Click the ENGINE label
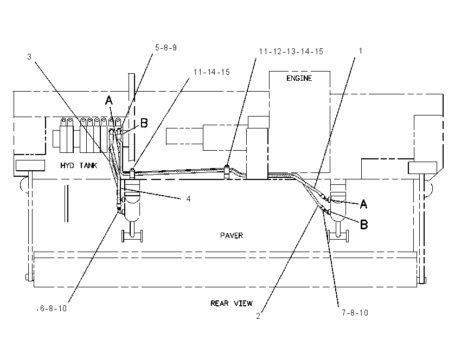tap(299, 78)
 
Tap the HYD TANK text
tap(79, 165)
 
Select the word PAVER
tap(232, 235)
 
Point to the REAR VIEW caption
tap(232, 303)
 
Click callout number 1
tap(361, 51)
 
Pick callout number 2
tap(258, 316)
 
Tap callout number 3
tap(29, 57)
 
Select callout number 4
tap(188, 199)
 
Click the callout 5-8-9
tap(166, 48)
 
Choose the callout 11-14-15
tap(212, 72)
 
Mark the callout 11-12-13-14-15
tap(291, 52)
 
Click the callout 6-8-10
tap(53, 308)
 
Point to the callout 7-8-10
tap(355, 313)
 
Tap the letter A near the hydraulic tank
tap(109, 100)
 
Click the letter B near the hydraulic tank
tap(144, 123)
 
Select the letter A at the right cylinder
tap(364, 204)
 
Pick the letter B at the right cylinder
tap(364, 225)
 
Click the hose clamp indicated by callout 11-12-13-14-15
tap(227, 172)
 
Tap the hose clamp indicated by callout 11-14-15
tap(132, 173)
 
